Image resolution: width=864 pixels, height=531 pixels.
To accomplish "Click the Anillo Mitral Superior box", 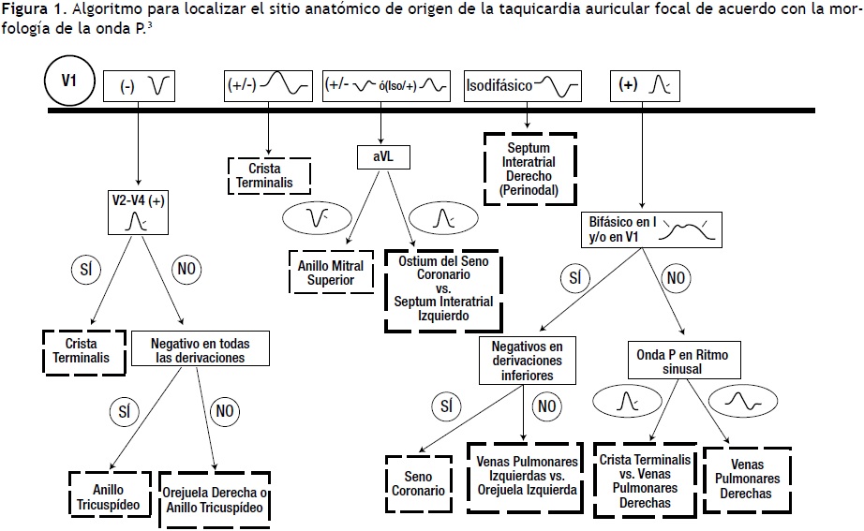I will (x=331, y=272).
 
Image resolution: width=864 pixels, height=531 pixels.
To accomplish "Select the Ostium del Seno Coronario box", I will (x=443, y=289).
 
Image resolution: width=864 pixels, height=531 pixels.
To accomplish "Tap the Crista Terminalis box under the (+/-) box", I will (x=270, y=174).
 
